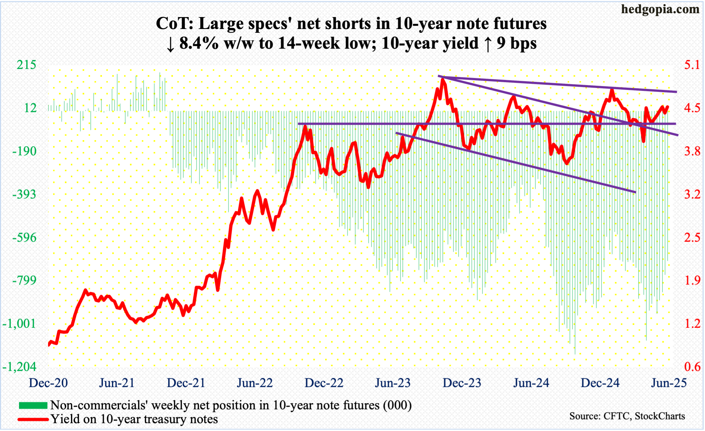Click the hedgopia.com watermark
pyautogui.click(x=660, y=9)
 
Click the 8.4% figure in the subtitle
pyautogui.click(x=199, y=43)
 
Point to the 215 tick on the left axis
pyautogui.click(x=26, y=65)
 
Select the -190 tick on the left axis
pyautogui.click(x=24, y=151)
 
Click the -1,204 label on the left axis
pyautogui.click(x=19, y=367)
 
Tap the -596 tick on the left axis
pyautogui.click(x=24, y=237)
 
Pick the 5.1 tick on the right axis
pyautogui.click(x=692, y=65)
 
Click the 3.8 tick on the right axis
pyautogui.click(x=692, y=151)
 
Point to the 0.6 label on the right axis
pyautogui.click(x=692, y=367)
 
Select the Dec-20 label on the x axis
pyautogui.click(x=48, y=383)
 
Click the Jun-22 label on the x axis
pyautogui.click(x=255, y=383)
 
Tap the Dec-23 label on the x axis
pyautogui.click(x=462, y=383)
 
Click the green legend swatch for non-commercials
pyautogui.click(x=33, y=405)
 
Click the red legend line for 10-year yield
pyautogui.click(x=33, y=419)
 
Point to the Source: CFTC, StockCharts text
pyautogui.click(x=627, y=416)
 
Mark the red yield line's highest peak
pyautogui.click(x=442, y=79)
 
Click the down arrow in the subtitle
pyautogui.click(x=170, y=44)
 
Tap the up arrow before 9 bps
pyautogui.click(x=488, y=44)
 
